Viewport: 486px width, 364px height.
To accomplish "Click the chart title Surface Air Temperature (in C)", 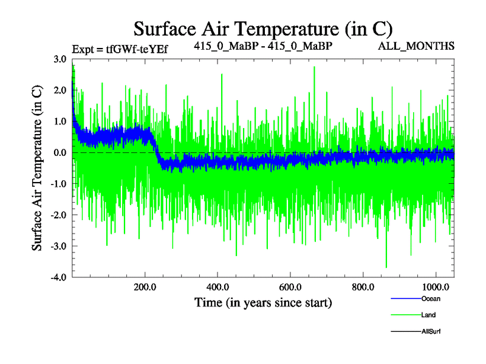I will coord(263,29).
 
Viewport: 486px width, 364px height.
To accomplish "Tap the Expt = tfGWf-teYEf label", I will coord(120,49).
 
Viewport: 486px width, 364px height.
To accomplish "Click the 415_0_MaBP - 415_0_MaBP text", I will coord(263,45).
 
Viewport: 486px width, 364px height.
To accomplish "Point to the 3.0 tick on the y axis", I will coord(60,59).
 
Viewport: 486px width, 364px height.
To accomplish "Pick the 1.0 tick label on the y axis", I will coord(60,121).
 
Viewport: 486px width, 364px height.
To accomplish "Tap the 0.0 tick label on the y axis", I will coord(60,153).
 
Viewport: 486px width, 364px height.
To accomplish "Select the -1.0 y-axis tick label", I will coord(59,184).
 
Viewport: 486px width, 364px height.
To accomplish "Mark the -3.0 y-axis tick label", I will coord(59,246).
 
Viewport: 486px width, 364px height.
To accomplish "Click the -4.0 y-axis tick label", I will coord(59,277).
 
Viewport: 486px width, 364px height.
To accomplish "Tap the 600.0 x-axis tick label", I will coord(290,286).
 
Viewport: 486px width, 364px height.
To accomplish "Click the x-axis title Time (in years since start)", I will coord(263,302).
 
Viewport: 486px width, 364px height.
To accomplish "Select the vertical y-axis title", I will coord(38,167).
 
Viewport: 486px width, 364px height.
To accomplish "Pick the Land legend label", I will coord(428,315).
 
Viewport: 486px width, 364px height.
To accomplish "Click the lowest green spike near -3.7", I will coord(386,266).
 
